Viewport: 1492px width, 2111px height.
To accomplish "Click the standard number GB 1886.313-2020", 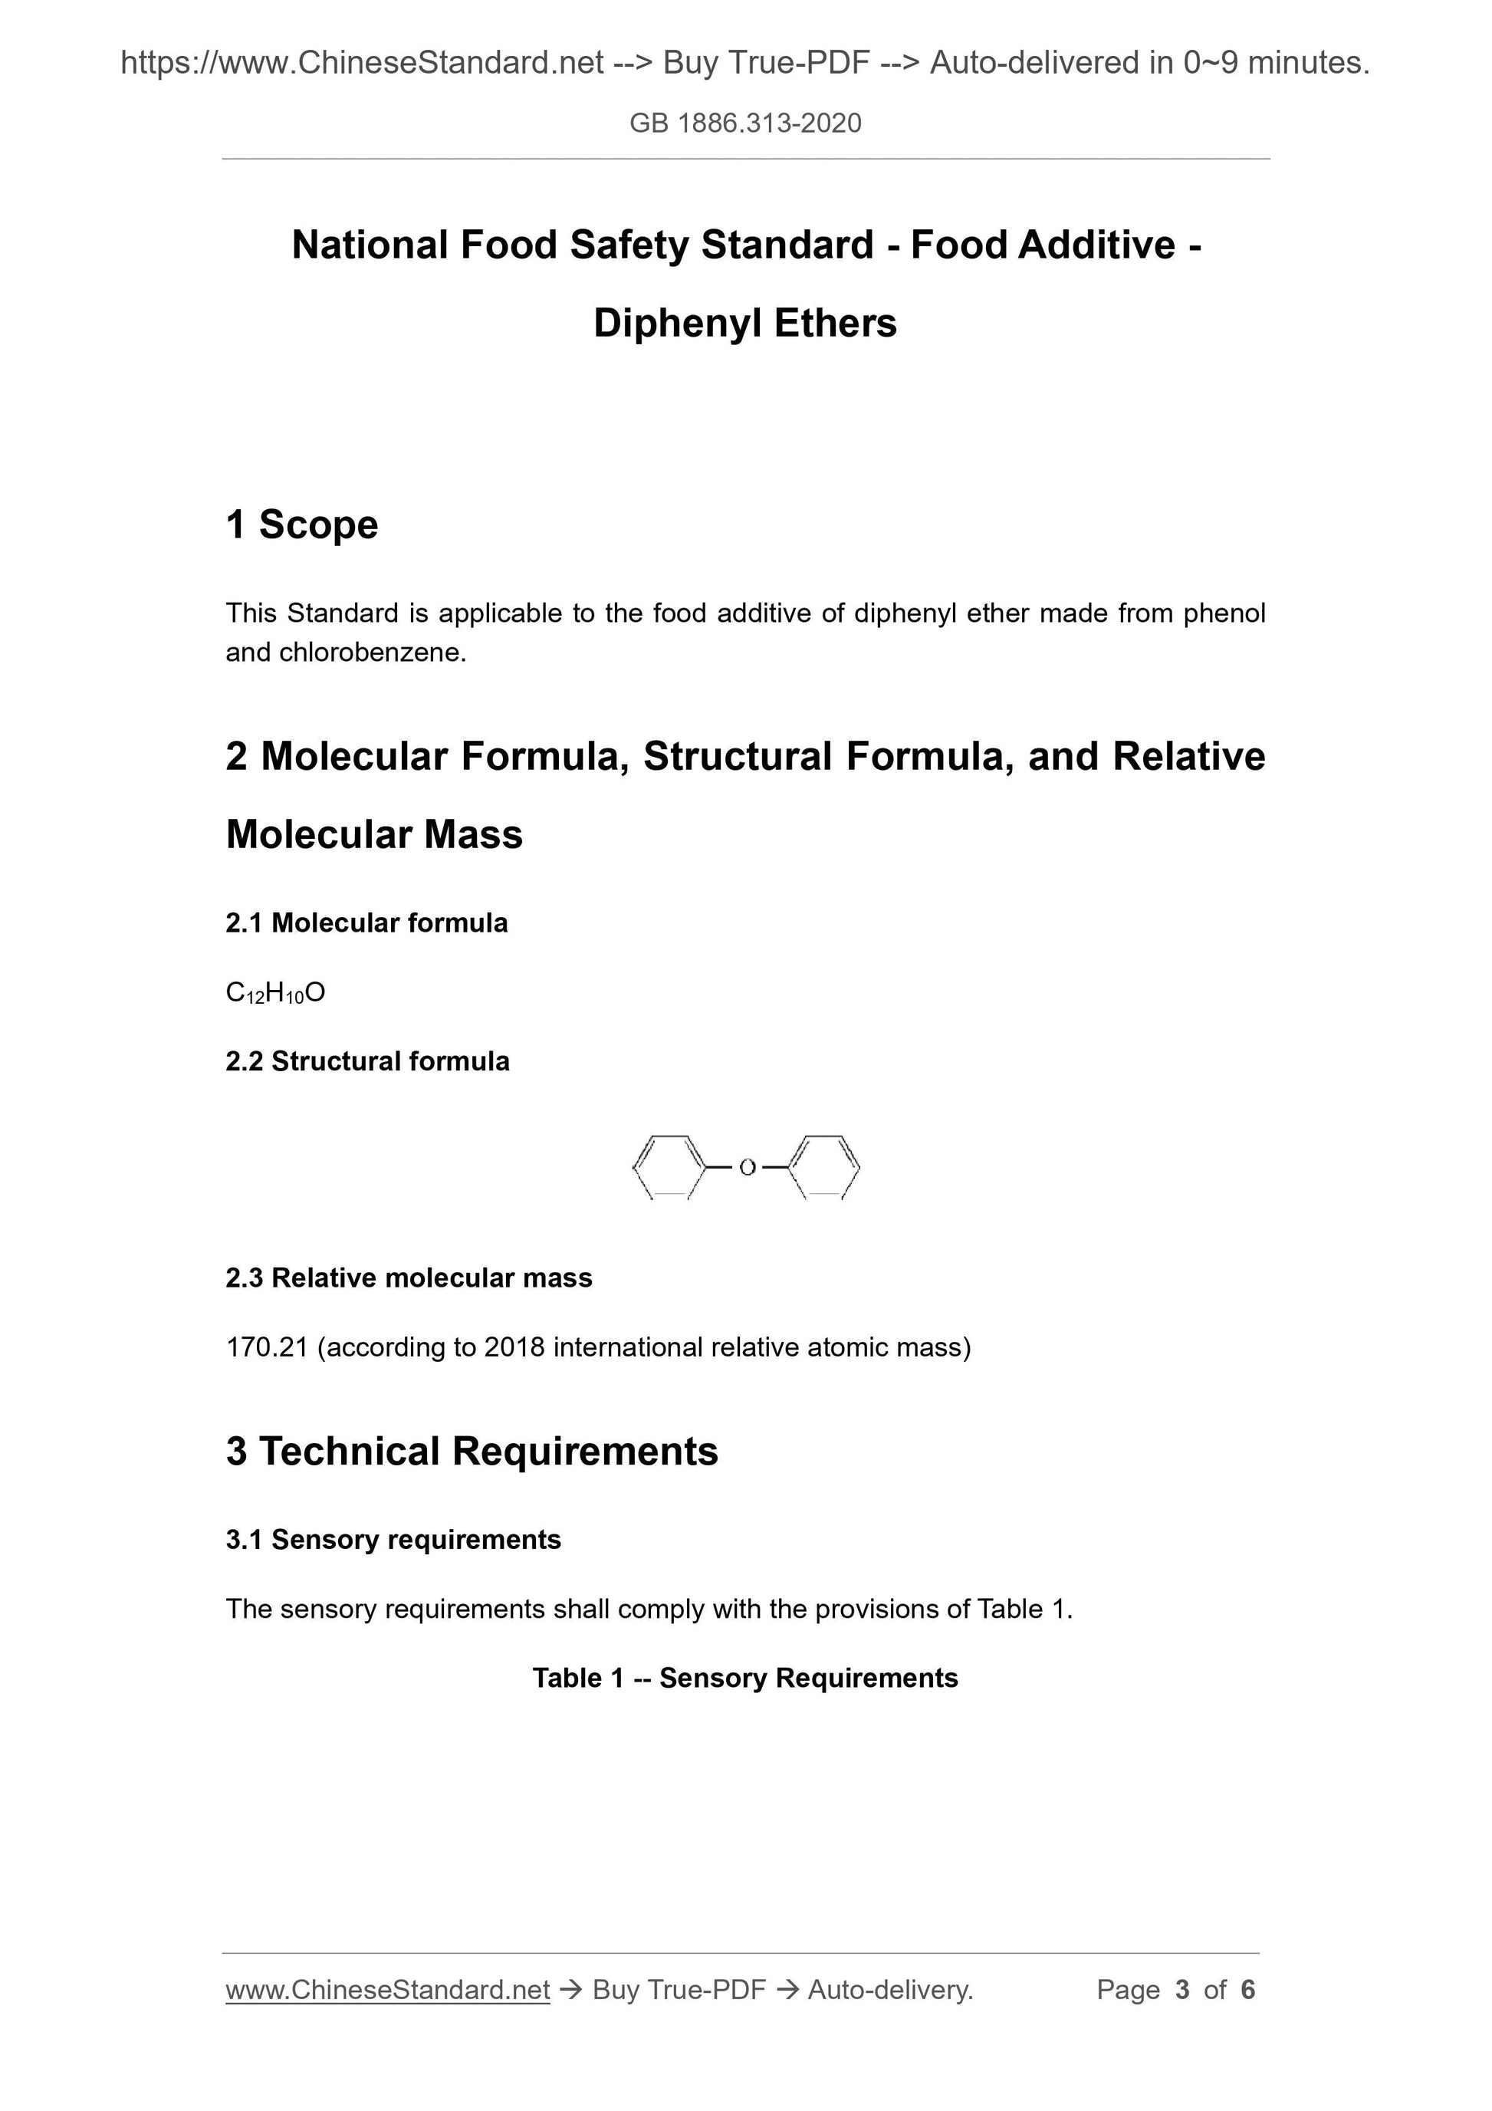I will click(x=745, y=123).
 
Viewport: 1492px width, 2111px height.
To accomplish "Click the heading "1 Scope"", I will click(x=301, y=525).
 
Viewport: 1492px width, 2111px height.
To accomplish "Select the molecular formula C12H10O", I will click(x=275, y=993).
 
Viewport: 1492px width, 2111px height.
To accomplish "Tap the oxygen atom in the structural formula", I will click(x=747, y=1168).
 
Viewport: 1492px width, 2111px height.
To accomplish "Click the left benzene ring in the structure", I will click(x=669, y=1168).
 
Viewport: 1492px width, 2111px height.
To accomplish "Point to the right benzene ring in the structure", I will click(x=825, y=1168).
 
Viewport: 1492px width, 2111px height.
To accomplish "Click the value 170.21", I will click(x=267, y=1348).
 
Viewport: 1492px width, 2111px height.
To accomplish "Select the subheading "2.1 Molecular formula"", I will click(x=366, y=923).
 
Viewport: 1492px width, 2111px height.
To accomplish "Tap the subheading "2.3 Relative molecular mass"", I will click(x=409, y=1278).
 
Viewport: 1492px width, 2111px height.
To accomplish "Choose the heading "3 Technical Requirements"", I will click(x=472, y=1452).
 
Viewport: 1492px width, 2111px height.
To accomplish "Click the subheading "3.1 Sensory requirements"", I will click(x=393, y=1540).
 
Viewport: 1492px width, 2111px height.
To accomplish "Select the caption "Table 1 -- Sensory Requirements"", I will click(x=744, y=1678).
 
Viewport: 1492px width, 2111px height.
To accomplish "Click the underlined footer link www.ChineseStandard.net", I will click(x=387, y=1991).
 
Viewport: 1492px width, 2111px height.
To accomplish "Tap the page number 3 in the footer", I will click(x=1182, y=1991).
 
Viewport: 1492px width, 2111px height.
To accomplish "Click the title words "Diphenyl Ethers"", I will click(x=744, y=324).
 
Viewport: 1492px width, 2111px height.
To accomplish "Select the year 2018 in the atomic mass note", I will click(x=514, y=1348).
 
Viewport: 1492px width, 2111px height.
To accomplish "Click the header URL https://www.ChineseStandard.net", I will click(x=362, y=63).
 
